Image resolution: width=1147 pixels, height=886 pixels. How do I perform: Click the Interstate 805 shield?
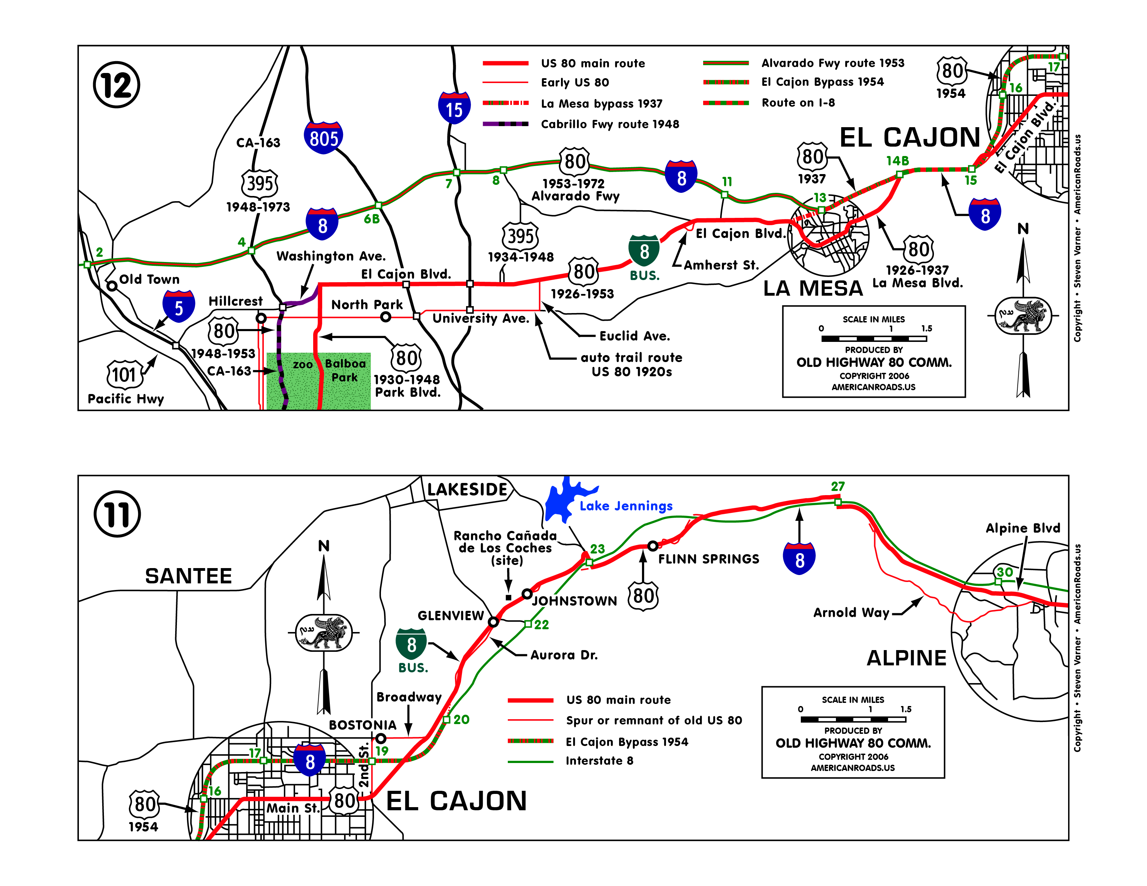[323, 138]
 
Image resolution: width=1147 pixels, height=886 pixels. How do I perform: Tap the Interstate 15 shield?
[454, 108]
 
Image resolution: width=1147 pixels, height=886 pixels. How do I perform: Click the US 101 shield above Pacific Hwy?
[124, 374]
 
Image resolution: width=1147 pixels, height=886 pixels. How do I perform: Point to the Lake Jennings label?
[626, 506]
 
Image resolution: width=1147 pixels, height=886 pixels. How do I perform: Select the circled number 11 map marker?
[117, 514]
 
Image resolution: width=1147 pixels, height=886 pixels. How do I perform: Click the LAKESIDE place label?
[467, 490]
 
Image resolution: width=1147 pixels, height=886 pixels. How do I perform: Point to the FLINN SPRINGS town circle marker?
[652, 546]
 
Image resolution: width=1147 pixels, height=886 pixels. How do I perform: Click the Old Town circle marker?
[112, 286]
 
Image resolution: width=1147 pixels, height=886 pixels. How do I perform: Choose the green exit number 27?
[838, 486]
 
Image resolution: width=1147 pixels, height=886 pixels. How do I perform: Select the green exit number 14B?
[897, 161]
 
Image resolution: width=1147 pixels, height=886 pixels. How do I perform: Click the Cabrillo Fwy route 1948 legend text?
[610, 124]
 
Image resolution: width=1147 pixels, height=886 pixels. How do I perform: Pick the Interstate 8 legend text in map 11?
[599, 761]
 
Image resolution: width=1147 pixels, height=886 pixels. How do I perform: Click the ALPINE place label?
[906, 658]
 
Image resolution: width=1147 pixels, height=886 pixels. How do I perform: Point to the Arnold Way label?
[851, 613]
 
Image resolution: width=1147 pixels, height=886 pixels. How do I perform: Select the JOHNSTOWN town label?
[574, 601]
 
